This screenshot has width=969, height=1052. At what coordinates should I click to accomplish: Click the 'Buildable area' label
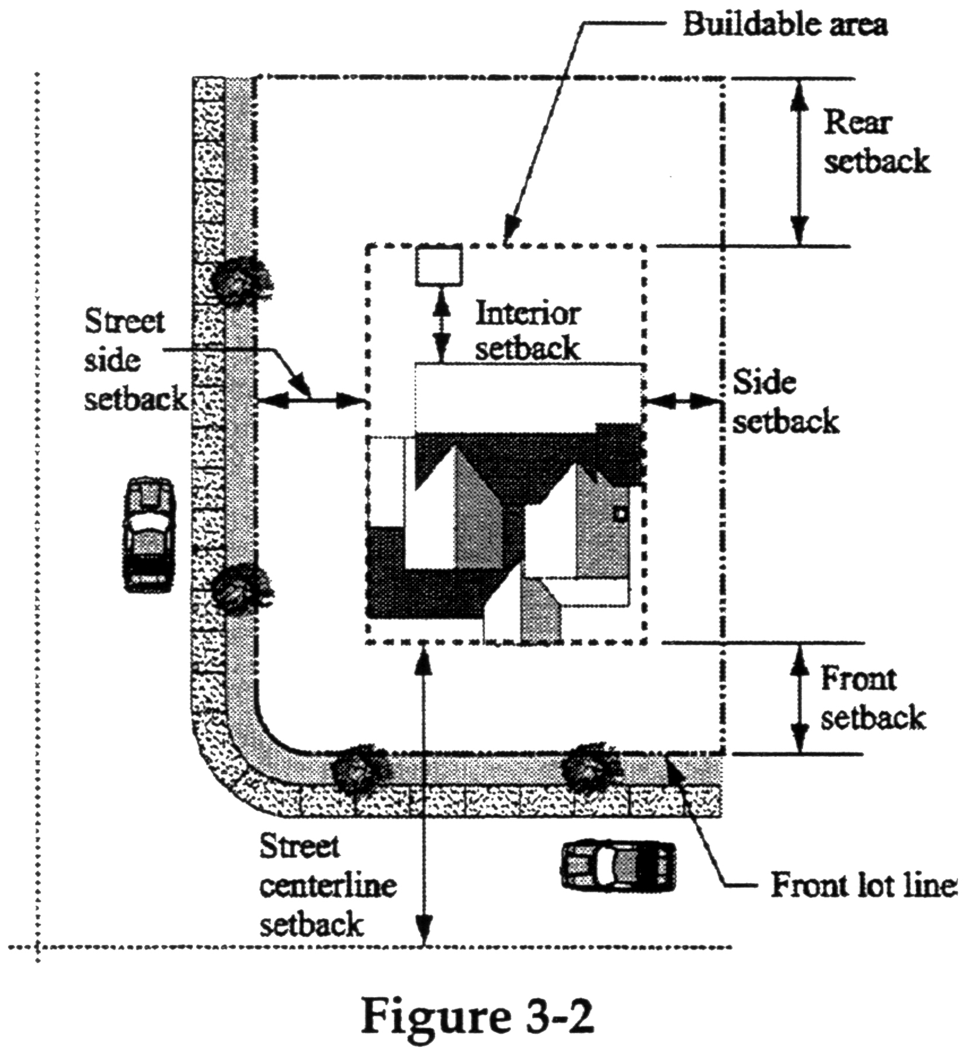(x=785, y=26)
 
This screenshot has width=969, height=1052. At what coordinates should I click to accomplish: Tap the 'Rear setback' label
(x=875, y=142)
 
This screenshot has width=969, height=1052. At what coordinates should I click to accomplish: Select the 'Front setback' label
(x=872, y=698)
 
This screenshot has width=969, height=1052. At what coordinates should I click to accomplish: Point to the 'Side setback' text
(x=785, y=402)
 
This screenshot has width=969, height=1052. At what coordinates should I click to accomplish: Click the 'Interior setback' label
(x=527, y=331)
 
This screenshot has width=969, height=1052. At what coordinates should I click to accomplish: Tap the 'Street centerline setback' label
(x=327, y=885)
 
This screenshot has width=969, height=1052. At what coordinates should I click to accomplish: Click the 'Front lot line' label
(x=863, y=885)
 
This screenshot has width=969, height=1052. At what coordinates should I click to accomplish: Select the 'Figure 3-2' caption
(x=477, y=1016)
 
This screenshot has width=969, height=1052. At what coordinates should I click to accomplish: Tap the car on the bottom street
(x=618, y=865)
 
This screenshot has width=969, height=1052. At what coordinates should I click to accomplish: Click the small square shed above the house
(x=439, y=266)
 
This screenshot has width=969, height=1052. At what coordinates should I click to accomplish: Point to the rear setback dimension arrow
(x=799, y=162)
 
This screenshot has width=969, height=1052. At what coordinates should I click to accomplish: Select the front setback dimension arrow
(x=800, y=698)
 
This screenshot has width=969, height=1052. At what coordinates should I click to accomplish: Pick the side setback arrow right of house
(x=680, y=402)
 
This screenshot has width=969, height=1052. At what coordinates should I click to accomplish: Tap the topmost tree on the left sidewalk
(x=239, y=280)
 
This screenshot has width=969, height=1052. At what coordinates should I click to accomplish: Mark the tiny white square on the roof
(x=620, y=514)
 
